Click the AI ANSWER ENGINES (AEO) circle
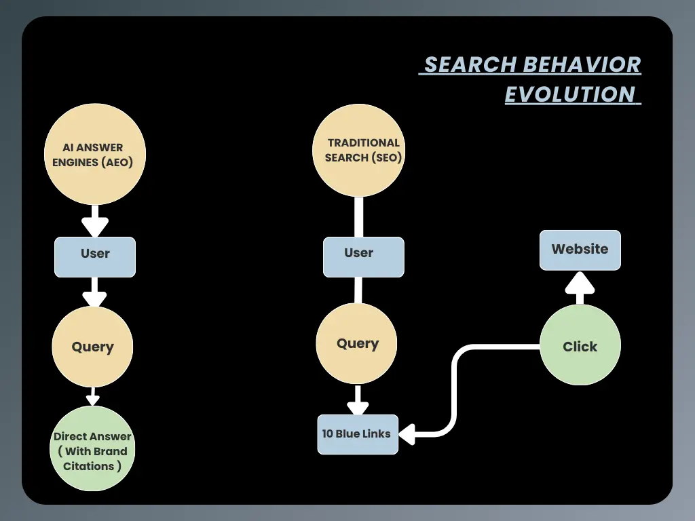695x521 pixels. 94,154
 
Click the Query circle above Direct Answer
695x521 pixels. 93,347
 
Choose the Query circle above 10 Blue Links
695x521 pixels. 358,343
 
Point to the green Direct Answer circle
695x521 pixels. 92,448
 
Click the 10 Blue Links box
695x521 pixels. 358,434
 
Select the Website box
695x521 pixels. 580,250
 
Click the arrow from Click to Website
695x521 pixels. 580,288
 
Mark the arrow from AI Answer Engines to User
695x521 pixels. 95,221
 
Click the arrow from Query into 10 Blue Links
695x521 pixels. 358,401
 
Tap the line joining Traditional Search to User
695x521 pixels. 359,217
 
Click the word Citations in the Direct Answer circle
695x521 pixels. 88,466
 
